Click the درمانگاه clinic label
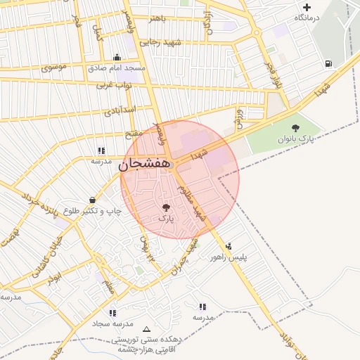click(307, 17)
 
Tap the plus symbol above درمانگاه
click(307, 7)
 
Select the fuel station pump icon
click(329, 64)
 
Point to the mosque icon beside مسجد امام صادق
click(117, 58)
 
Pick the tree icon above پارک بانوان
click(295, 128)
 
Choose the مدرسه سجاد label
click(112, 323)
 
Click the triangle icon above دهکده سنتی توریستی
click(146, 329)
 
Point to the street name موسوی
click(54, 68)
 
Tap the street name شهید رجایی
click(162, 43)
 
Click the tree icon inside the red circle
click(166, 207)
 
